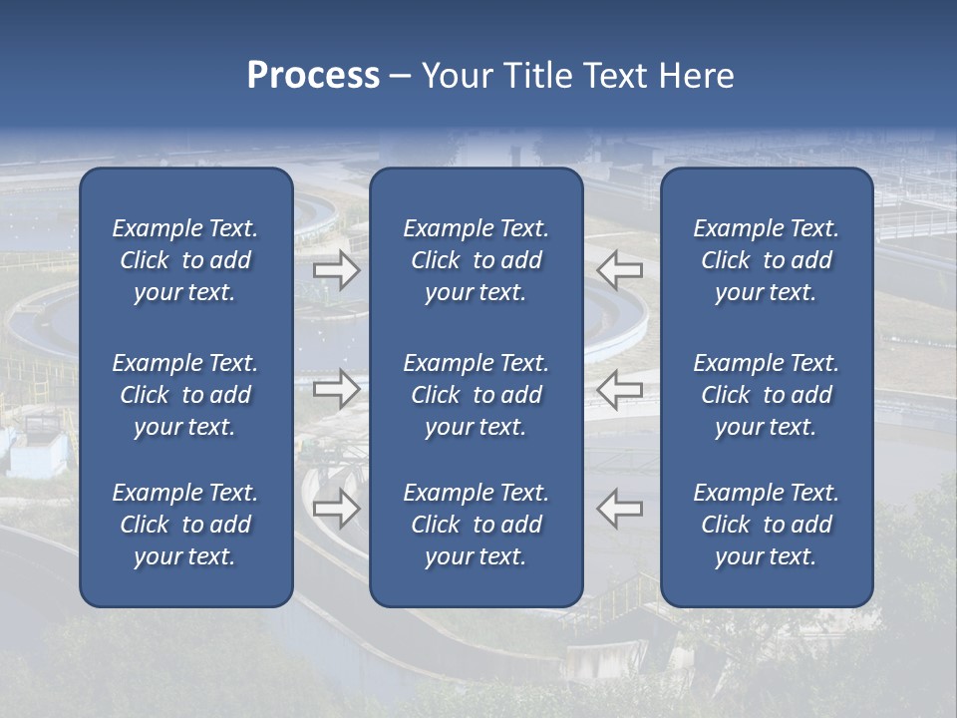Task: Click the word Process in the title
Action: point(313,76)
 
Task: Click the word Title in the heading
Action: point(535,76)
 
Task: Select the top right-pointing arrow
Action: point(337,270)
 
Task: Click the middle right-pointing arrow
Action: point(337,389)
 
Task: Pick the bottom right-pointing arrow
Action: point(337,509)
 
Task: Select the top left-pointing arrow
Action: point(620,270)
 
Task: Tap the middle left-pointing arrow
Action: point(620,389)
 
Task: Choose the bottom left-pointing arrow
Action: point(620,509)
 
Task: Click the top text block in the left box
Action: point(185,260)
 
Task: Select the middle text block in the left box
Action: point(185,395)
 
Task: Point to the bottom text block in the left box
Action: point(185,525)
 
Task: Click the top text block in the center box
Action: point(476,260)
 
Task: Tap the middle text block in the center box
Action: point(476,395)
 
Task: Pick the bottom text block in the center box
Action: point(476,525)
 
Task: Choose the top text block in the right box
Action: point(766,260)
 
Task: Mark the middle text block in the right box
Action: point(766,395)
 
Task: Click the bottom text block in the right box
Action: point(766,525)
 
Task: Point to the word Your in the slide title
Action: point(458,76)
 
